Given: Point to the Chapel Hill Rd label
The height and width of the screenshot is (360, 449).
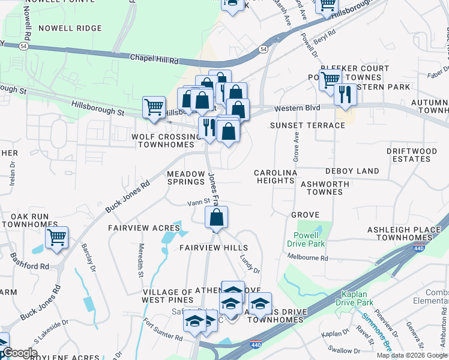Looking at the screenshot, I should (x=154, y=59).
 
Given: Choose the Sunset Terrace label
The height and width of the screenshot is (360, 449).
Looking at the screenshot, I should (x=307, y=125).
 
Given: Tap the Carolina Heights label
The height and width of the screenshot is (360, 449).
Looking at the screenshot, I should (x=276, y=176).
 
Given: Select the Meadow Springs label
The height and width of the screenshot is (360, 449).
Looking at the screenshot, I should (x=185, y=177).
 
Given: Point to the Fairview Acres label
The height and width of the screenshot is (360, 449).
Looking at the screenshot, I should (x=144, y=228).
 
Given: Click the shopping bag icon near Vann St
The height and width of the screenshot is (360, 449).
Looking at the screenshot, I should (x=217, y=217).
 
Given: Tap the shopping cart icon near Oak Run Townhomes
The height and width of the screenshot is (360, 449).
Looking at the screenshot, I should (x=56, y=237).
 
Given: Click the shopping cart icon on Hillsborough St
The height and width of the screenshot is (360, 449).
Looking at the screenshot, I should (x=154, y=107).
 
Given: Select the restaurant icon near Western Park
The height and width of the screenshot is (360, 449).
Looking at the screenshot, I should (x=345, y=94).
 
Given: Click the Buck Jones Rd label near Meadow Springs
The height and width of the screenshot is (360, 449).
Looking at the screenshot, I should (x=127, y=197).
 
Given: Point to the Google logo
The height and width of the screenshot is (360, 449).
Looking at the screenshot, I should (x=20, y=353).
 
